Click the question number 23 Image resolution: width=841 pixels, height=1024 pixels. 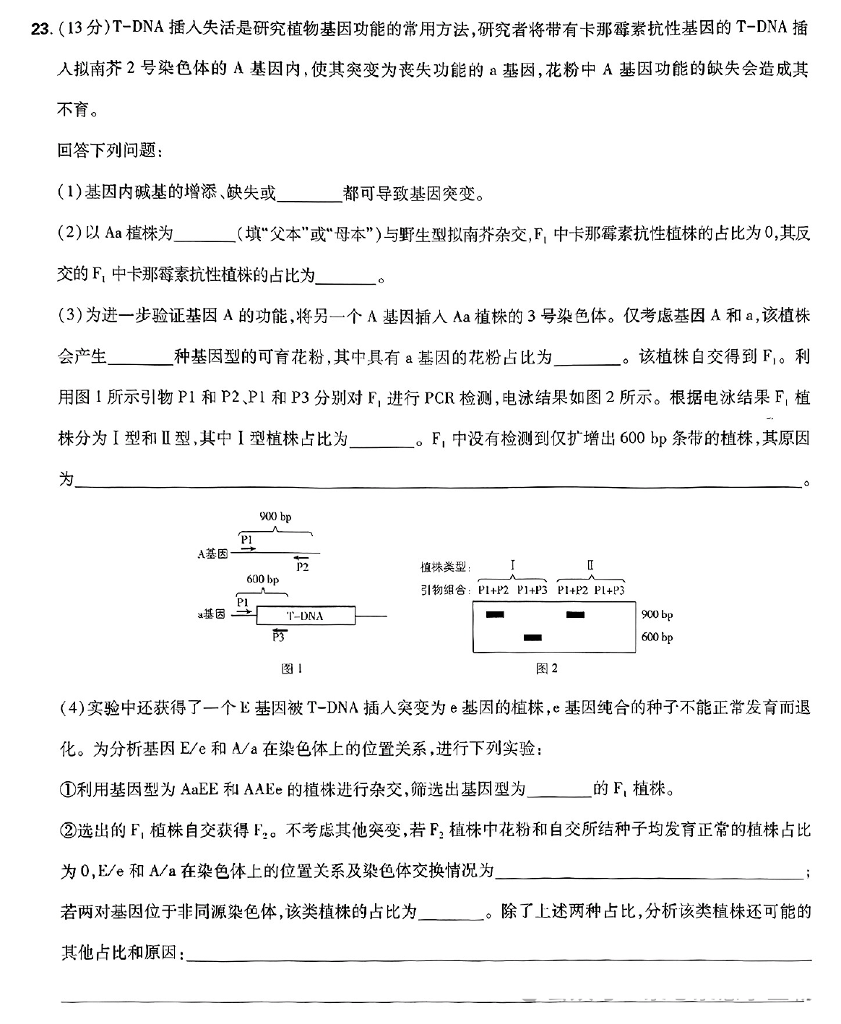pyautogui.click(x=40, y=29)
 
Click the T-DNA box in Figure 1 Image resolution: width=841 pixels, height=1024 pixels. pyautogui.click(x=306, y=616)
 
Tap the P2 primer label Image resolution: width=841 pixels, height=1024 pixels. pyautogui.click(x=302, y=567)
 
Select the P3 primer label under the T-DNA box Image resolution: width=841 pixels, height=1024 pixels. pyautogui.click(x=277, y=637)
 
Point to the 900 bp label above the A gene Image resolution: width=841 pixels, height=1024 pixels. pyautogui.click(x=275, y=517)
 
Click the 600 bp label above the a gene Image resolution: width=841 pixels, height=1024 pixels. pyautogui.click(x=263, y=580)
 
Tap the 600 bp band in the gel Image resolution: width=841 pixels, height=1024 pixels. pyautogui.click(x=532, y=637)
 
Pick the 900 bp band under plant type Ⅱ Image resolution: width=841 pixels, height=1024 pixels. pyautogui.click(x=575, y=615)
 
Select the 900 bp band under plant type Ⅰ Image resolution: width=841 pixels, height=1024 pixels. pyautogui.click(x=495, y=615)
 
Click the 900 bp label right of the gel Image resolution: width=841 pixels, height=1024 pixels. pyautogui.click(x=657, y=615)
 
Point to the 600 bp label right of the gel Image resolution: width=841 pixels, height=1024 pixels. pyautogui.click(x=657, y=637)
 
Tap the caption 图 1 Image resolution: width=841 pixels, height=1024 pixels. pyautogui.click(x=292, y=668)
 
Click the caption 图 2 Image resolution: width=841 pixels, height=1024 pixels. pyautogui.click(x=547, y=668)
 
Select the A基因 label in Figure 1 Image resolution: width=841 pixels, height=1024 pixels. pyautogui.click(x=212, y=554)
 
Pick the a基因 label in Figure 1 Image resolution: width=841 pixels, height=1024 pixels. pyautogui.click(x=211, y=615)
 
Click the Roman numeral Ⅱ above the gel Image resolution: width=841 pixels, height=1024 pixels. pyautogui.click(x=590, y=565)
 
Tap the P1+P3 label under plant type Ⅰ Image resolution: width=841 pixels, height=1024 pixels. pyautogui.click(x=532, y=590)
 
